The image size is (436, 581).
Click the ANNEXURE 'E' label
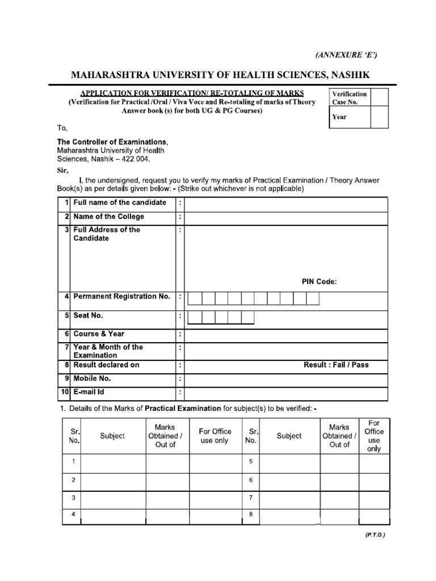[x=346, y=54]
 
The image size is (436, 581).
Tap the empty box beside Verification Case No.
[x=379, y=98]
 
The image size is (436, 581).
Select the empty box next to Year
[x=379, y=117]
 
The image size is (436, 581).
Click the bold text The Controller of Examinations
[x=112, y=141]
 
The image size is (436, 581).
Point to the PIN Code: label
[x=319, y=282]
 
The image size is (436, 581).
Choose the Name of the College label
[x=108, y=217]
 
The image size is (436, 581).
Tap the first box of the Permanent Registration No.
[x=194, y=298]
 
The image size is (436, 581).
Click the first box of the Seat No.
[x=194, y=317]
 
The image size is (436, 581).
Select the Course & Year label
[x=99, y=334]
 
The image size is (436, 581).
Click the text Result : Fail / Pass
[x=336, y=365]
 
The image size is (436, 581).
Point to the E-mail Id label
[x=89, y=392]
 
